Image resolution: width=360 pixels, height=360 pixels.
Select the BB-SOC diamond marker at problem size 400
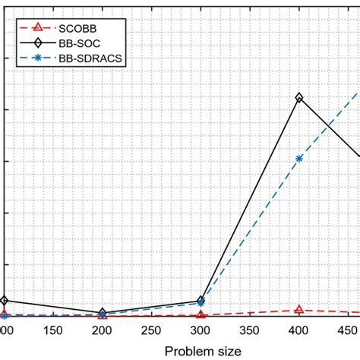tap(299, 98)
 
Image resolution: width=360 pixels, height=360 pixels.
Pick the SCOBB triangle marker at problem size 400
tap(299, 309)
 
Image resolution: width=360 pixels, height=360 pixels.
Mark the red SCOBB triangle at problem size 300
tap(201, 314)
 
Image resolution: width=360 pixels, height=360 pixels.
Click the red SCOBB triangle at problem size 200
tap(102, 315)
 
